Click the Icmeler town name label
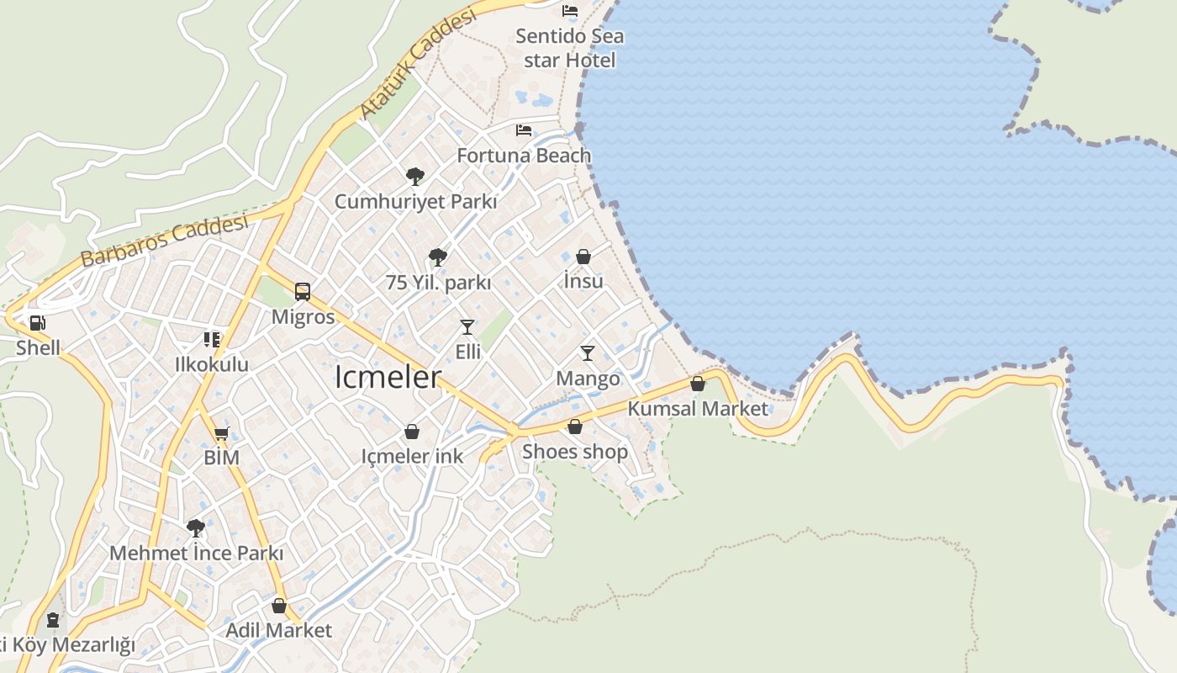(388, 377)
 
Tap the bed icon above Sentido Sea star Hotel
(570, 11)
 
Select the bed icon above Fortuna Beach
(524, 130)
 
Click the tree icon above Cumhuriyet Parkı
(414, 176)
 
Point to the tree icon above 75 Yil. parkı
(437, 257)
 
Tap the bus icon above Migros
(303, 292)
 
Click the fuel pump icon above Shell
(37, 322)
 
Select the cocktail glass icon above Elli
(467, 326)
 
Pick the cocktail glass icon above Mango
(588, 353)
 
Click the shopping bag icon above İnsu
(583, 257)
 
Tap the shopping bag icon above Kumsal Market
(697, 384)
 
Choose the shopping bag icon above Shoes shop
(575, 427)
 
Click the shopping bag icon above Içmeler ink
(412, 432)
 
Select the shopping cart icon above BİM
(221, 434)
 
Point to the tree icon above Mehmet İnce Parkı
(196, 528)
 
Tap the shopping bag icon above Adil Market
(279, 606)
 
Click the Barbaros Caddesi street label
(165, 241)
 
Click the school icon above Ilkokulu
(211, 340)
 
